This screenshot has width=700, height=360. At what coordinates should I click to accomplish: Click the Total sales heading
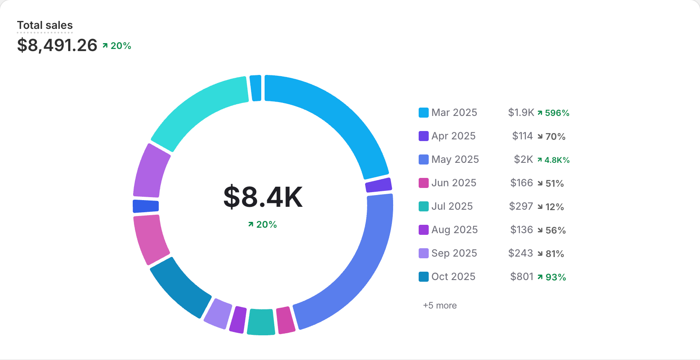[45, 25]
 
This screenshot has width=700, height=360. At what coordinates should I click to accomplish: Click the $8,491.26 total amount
[57, 45]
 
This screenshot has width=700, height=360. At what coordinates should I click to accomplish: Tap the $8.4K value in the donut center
[263, 197]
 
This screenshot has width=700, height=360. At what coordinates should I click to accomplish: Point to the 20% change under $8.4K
[262, 225]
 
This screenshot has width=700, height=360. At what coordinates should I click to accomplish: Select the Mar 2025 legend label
[454, 113]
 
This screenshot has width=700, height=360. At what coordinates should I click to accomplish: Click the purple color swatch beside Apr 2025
[423, 136]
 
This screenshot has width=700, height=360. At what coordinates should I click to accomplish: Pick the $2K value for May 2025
[523, 159]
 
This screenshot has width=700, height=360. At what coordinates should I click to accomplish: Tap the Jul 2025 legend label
[452, 206]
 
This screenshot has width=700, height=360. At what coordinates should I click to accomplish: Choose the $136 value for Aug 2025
[521, 230]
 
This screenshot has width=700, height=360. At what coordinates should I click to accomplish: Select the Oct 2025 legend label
[453, 277]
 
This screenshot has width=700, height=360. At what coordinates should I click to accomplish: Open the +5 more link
[440, 306]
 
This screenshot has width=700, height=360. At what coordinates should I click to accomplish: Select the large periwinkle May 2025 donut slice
[356, 268]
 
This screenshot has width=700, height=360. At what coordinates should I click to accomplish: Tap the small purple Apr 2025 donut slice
[378, 185]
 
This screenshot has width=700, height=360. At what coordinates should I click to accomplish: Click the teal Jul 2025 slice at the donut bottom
[261, 322]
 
